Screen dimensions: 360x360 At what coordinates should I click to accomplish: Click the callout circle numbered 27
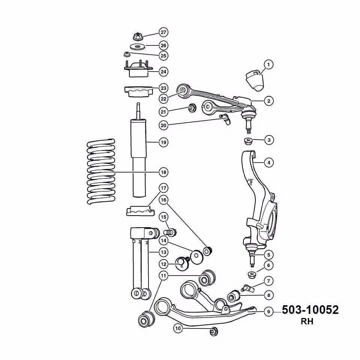pyautogui.click(x=163, y=32)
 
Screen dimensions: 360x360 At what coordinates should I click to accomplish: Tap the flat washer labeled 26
pyautogui.click(x=137, y=46)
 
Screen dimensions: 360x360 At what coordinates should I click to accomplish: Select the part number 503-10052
pyautogui.click(x=310, y=310)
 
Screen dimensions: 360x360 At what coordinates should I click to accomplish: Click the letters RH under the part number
pyautogui.click(x=307, y=322)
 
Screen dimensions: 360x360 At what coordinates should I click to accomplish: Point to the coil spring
pyautogui.click(x=101, y=171)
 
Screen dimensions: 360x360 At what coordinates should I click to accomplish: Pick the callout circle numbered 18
pyautogui.click(x=163, y=172)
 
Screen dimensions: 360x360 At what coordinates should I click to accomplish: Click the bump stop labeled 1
pyautogui.click(x=255, y=81)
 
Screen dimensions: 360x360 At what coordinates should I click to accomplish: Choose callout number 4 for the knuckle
pyautogui.click(x=269, y=163)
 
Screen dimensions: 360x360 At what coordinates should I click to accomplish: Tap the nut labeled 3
pyautogui.click(x=248, y=141)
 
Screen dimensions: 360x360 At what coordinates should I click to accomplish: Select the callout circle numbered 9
pyautogui.click(x=268, y=312)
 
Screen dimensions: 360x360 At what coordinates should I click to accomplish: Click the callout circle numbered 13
pyautogui.click(x=163, y=252)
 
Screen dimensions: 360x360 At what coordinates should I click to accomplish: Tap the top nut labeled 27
pyautogui.click(x=138, y=36)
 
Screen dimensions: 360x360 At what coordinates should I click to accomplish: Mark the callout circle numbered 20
pyautogui.click(x=163, y=125)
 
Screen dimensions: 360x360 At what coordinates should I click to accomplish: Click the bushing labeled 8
pyautogui.click(x=234, y=296)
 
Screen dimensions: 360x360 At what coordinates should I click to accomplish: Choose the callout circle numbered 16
pyautogui.click(x=163, y=200)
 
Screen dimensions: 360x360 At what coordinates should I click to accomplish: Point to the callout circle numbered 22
pyautogui.click(x=163, y=99)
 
